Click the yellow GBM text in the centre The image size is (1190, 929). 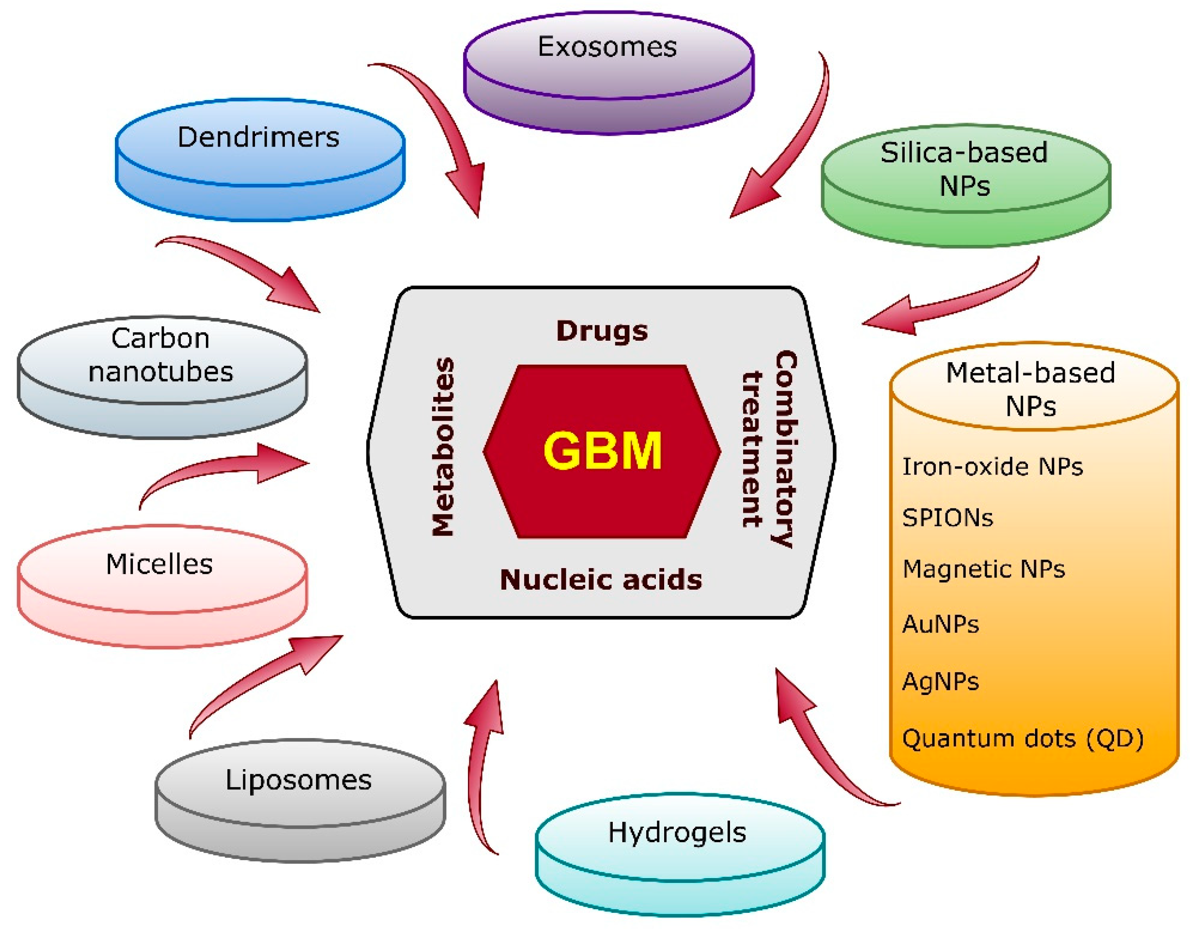click(602, 450)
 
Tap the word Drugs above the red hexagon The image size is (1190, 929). click(602, 331)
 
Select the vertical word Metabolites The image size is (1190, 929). click(443, 447)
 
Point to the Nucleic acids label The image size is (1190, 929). click(601, 579)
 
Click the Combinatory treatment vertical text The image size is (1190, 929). click(770, 448)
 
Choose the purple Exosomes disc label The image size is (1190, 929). click(607, 47)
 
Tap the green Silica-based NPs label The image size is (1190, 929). click(964, 169)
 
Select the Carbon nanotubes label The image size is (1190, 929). click(161, 355)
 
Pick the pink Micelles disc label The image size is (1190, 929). click(159, 564)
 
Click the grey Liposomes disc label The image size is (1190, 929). click(298, 780)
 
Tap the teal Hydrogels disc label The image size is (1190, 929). click(677, 832)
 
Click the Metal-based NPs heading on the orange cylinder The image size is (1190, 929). click(1030, 389)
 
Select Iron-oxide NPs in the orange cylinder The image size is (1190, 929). click(992, 466)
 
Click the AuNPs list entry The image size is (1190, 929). click(940, 624)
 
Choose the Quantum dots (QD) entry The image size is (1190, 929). click(1022, 739)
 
